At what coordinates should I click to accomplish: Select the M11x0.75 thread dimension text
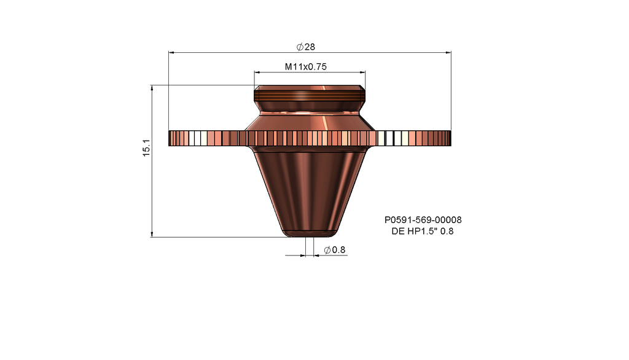[305, 67]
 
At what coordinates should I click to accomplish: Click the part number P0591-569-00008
[423, 220]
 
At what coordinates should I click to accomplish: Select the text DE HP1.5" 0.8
[423, 232]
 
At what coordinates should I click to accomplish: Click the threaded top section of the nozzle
[310, 95]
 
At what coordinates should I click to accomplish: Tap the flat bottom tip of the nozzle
[310, 235]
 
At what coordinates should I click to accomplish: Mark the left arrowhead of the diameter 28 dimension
[171, 53]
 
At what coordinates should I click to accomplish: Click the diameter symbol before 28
[299, 47]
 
